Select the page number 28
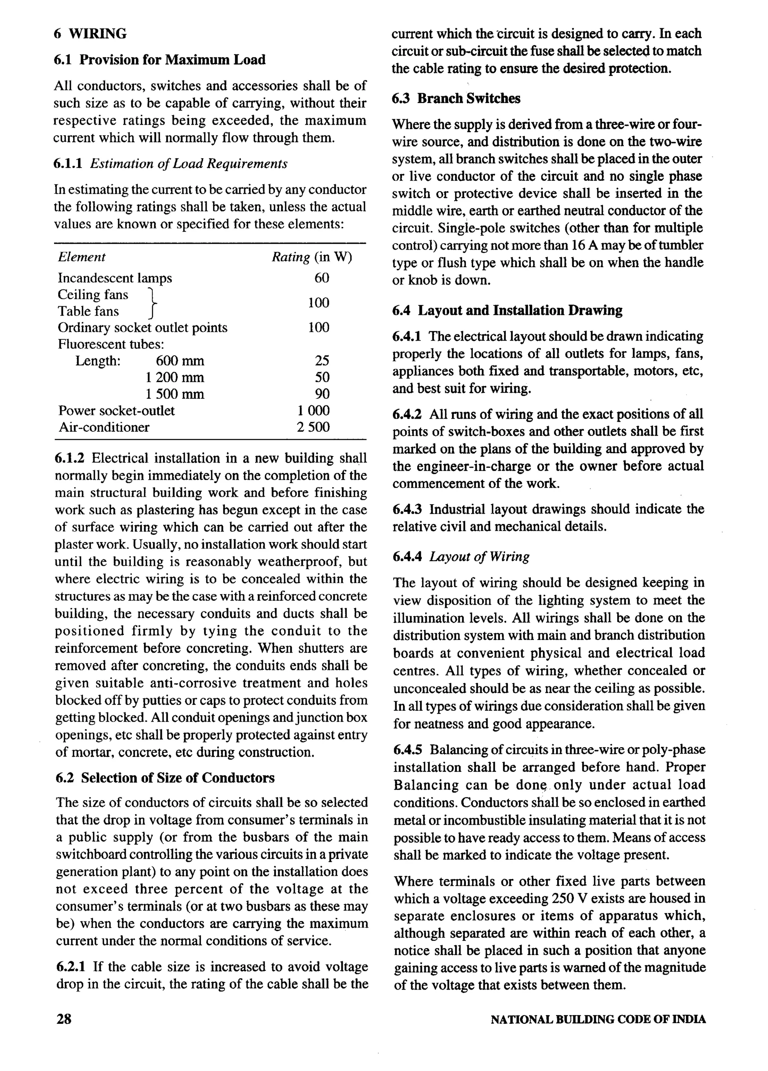point(64,1019)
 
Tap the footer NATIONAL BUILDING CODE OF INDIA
point(598,1019)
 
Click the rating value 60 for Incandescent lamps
point(322,278)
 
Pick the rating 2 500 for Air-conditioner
point(313,427)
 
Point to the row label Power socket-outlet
point(116,410)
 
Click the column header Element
point(81,257)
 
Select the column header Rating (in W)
point(312,257)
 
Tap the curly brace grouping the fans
point(152,303)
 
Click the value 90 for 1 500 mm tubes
point(322,394)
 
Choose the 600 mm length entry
point(180,361)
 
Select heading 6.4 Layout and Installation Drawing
point(507,310)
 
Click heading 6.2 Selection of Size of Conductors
point(165,778)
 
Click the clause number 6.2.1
point(70,967)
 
